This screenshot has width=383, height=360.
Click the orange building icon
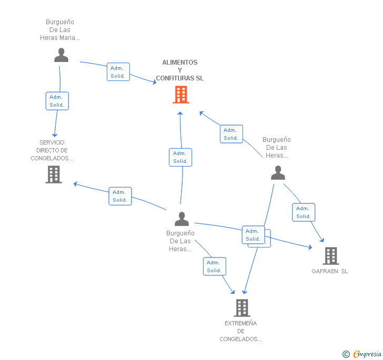181,95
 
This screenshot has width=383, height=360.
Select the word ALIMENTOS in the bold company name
180,63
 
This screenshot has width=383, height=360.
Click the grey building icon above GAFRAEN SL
331,256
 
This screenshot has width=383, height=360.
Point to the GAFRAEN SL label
329,271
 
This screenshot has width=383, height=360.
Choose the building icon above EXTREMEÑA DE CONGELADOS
242,308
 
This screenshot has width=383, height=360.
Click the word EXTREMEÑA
240,323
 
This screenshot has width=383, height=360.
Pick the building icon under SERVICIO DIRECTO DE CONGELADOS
54,174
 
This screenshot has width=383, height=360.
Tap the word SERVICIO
52,142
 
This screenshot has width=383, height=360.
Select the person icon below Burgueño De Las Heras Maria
61,55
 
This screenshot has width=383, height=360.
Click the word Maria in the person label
69,38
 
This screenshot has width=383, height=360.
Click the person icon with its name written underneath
182,219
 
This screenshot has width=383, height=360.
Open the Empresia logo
367,354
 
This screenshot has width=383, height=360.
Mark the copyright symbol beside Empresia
346,354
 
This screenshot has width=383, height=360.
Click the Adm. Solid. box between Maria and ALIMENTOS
118,72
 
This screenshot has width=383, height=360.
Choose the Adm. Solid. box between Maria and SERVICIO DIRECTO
57,101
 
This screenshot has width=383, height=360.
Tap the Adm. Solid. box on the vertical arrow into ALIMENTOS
180,157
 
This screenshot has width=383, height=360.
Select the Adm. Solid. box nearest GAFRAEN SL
304,212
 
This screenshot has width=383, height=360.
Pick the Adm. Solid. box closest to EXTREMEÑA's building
215,266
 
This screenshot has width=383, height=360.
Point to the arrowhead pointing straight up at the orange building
180,113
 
